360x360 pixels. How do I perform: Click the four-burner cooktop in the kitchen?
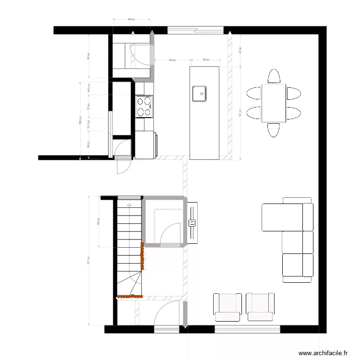[x=144, y=107]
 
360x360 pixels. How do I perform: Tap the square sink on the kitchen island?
[x=200, y=94]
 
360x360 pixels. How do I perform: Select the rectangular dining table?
[x=274, y=103]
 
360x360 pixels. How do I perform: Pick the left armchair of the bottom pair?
[x=227, y=307]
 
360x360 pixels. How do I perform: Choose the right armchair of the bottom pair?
[x=260, y=307]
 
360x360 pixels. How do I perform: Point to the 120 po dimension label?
[x=240, y=116]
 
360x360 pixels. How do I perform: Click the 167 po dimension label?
[x=89, y=260]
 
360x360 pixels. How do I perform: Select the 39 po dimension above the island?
[x=205, y=60]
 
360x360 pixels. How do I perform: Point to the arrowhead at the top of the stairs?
[x=129, y=205]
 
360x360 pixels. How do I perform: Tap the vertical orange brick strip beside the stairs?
[x=143, y=256]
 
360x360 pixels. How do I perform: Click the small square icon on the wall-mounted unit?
[x=192, y=222]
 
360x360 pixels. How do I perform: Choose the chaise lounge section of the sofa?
[x=282, y=217]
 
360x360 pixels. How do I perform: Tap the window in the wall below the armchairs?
[x=247, y=329]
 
